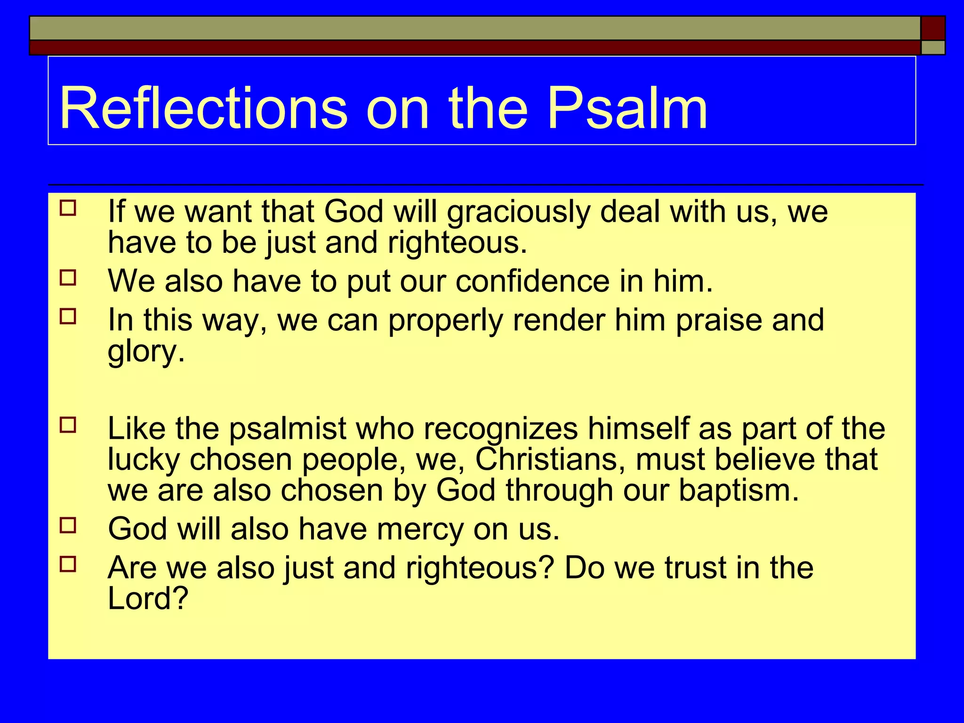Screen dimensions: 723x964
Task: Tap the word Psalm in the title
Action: tap(627, 109)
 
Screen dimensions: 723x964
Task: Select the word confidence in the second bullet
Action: tap(532, 281)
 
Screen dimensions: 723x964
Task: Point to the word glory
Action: tap(146, 352)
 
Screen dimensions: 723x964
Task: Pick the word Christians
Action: tap(550, 459)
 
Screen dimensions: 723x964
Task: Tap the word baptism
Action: tap(739, 490)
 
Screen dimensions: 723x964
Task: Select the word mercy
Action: tap(420, 529)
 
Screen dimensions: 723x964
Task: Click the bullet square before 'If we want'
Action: tap(68, 208)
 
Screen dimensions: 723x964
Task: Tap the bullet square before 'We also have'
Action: tap(68, 278)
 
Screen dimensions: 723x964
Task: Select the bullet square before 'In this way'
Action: tap(68, 316)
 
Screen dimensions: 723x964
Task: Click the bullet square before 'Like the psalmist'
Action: tap(68, 425)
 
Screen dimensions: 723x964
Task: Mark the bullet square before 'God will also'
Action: tap(68, 525)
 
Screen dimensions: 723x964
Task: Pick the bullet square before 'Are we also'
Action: tap(68, 563)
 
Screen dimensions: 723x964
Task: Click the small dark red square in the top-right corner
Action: tap(932, 28)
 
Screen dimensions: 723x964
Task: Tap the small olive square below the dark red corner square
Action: tap(932, 48)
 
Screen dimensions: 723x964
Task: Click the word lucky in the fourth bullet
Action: tap(144, 460)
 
